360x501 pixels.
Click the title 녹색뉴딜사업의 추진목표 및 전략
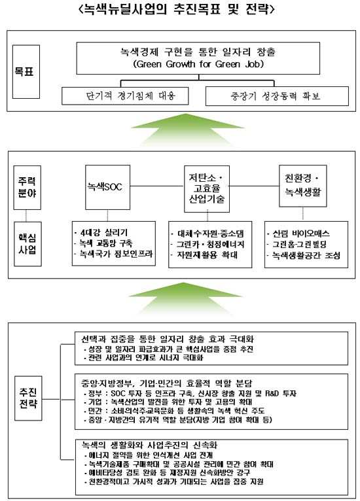[177, 9]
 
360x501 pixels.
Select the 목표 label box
[26, 71]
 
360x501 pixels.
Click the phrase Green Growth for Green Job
[198, 64]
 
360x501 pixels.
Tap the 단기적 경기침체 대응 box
[125, 95]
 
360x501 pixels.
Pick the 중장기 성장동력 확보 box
[277, 96]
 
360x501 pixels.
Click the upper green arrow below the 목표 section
[188, 130]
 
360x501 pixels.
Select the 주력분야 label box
[27, 188]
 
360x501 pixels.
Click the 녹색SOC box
[108, 187]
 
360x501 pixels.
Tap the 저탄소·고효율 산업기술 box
[207, 188]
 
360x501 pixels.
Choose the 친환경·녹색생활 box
[303, 186]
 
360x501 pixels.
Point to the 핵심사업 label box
[27, 244]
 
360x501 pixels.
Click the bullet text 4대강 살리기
[101, 232]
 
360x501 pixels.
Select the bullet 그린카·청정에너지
[208, 245]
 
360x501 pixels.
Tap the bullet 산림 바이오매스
[298, 233]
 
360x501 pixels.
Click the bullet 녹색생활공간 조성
[304, 255]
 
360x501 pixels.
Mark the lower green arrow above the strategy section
[185, 299]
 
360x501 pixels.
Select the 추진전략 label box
[28, 398]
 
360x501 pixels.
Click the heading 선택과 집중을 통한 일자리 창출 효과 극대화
[168, 339]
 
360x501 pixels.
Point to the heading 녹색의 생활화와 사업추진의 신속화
[149, 445]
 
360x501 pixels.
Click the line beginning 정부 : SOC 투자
[190, 393]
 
